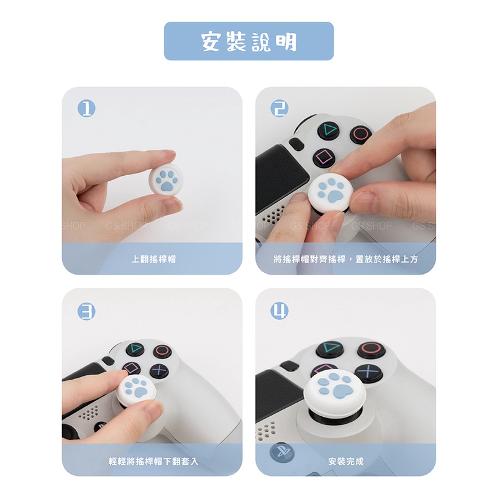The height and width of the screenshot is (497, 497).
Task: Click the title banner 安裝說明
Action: click(249, 41)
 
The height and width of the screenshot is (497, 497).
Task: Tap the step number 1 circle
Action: click(86, 108)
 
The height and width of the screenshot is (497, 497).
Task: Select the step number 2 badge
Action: click(280, 108)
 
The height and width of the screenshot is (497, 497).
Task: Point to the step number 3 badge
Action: click(86, 311)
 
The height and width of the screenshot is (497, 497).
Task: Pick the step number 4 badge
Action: click(280, 311)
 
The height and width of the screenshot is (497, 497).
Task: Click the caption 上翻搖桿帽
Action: click(153, 259)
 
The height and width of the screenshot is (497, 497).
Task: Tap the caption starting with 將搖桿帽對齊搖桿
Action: click(346, 259)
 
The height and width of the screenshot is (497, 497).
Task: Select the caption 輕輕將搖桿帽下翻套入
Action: click(153, 461)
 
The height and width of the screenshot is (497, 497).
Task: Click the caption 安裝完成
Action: click(346, 461)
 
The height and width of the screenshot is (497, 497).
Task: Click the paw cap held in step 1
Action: click(166, 181)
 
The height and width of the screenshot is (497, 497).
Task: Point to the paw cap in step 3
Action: click(137, 391)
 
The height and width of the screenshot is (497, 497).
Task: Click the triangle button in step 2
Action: click(329, 130)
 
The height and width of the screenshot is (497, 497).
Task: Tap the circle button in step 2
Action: click(361, 133)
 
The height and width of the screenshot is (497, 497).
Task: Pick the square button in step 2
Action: click(324, 157)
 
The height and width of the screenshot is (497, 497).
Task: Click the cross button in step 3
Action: click(159, 370)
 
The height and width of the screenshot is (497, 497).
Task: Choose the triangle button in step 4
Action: click(331, 349)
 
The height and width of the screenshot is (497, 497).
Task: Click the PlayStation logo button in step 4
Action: click(282, 451)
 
